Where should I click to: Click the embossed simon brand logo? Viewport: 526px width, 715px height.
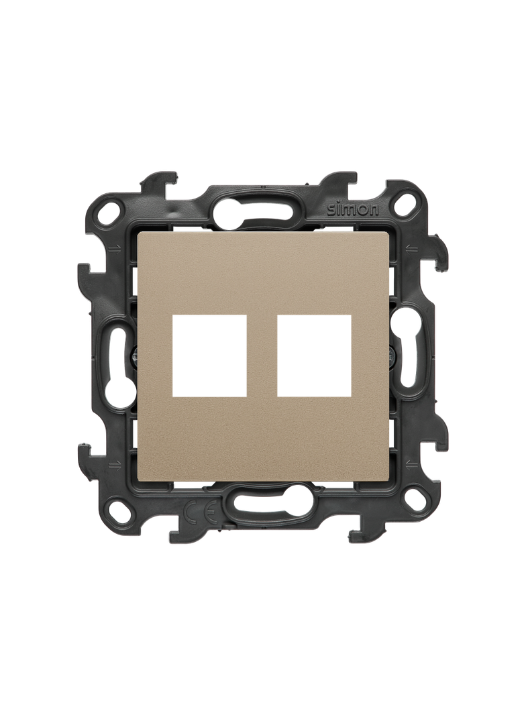[353, 209]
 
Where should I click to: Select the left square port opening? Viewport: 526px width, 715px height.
[209, 355]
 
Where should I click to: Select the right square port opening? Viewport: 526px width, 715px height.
[314, 355]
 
